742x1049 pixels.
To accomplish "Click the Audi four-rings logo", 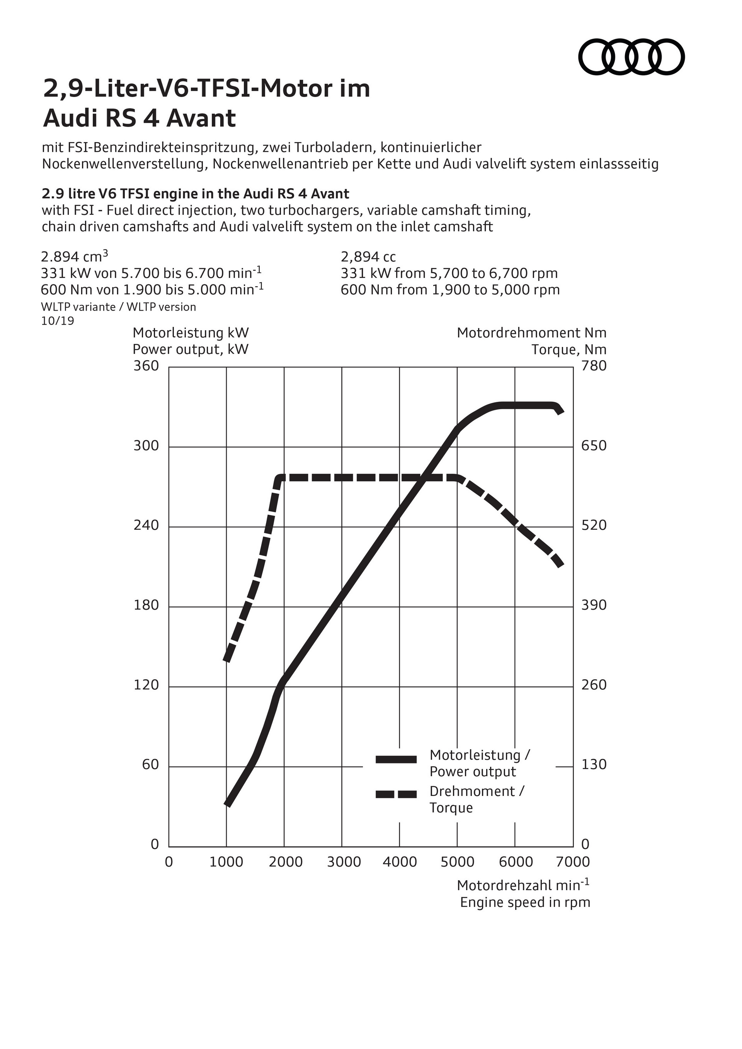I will pyautogui.click(x=631, y=57).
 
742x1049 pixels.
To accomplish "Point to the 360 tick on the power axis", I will pyautogui.click(x=146, y=366).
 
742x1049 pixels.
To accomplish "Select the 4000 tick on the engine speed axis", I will pyautogui.click(x=399, y=862).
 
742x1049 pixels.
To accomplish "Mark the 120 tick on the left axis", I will pyautogui.click(x=146, y=685).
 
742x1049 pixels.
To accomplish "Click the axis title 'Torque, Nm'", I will pyautogui.click(x=569, y=350).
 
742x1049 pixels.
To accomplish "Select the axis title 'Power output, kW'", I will pyautogui.click(x=191, y=350).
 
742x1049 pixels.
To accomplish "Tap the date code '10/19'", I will pyautogui.click(x=58, y=321).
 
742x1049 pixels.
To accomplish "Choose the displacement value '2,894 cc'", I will pyautogui.click(x=368, y=257).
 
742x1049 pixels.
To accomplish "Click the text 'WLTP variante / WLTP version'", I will pyautogui.click(x=118, y=307).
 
